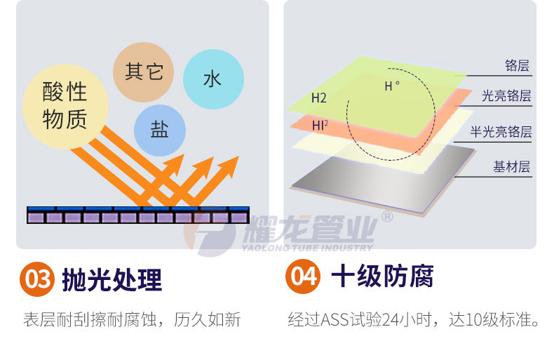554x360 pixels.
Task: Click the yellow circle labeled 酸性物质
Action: [65, 105]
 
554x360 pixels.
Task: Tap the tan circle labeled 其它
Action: [144, 71]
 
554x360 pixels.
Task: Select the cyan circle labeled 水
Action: [213, 78]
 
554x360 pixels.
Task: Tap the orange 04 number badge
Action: [304, 276]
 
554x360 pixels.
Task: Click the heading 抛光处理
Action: [112, 279]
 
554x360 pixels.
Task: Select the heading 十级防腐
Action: [382, 276]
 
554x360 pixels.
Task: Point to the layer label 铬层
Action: [517, 66]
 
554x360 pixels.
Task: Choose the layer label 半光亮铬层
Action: [501, 131]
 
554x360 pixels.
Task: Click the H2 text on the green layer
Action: [319, 98]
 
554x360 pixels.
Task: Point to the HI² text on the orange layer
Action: [320, 126]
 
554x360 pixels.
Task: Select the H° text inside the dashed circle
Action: [391, 86]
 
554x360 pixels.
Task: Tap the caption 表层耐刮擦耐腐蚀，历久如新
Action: [132, 320]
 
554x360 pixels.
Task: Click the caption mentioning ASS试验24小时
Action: [414, 320]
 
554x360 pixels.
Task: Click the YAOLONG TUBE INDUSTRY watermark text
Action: [308, 248]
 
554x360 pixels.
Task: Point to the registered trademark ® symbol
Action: [386, 217]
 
